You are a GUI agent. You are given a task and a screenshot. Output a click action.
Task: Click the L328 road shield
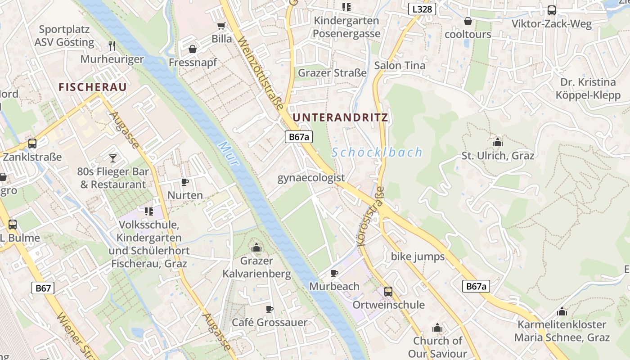(423, 9)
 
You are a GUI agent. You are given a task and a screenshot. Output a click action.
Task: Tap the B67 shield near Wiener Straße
(43, 288)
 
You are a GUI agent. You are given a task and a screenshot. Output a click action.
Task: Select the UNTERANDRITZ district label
(340, 118)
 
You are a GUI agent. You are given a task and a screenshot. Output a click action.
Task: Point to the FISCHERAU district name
(93, 87)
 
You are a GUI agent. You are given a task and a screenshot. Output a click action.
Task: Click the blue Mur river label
(228, 153)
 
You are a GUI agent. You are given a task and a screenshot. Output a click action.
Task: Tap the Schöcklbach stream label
(377, 152)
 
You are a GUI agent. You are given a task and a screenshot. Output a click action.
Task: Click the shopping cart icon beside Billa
(221, 26)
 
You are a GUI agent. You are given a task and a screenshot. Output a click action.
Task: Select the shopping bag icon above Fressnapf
(193, 49)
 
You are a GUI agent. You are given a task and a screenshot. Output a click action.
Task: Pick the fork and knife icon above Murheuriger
(112, 45)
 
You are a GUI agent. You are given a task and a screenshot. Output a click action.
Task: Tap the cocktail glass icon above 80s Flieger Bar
(112, 158)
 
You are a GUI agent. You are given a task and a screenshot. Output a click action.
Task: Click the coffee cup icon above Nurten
(184, 182)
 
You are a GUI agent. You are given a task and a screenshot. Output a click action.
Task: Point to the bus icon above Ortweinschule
(388, 291)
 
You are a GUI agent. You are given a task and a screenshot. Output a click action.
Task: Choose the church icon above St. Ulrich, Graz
(498, 142)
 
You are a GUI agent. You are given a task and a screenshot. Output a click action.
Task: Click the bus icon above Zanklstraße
(32, 144)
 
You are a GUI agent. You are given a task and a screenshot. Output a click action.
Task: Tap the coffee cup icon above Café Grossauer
(269, 309)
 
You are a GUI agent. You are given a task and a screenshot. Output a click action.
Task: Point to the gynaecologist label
(311, 178)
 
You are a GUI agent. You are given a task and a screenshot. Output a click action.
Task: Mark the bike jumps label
(418, 256)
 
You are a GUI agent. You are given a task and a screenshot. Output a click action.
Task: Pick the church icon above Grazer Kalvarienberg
(256, 247)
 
